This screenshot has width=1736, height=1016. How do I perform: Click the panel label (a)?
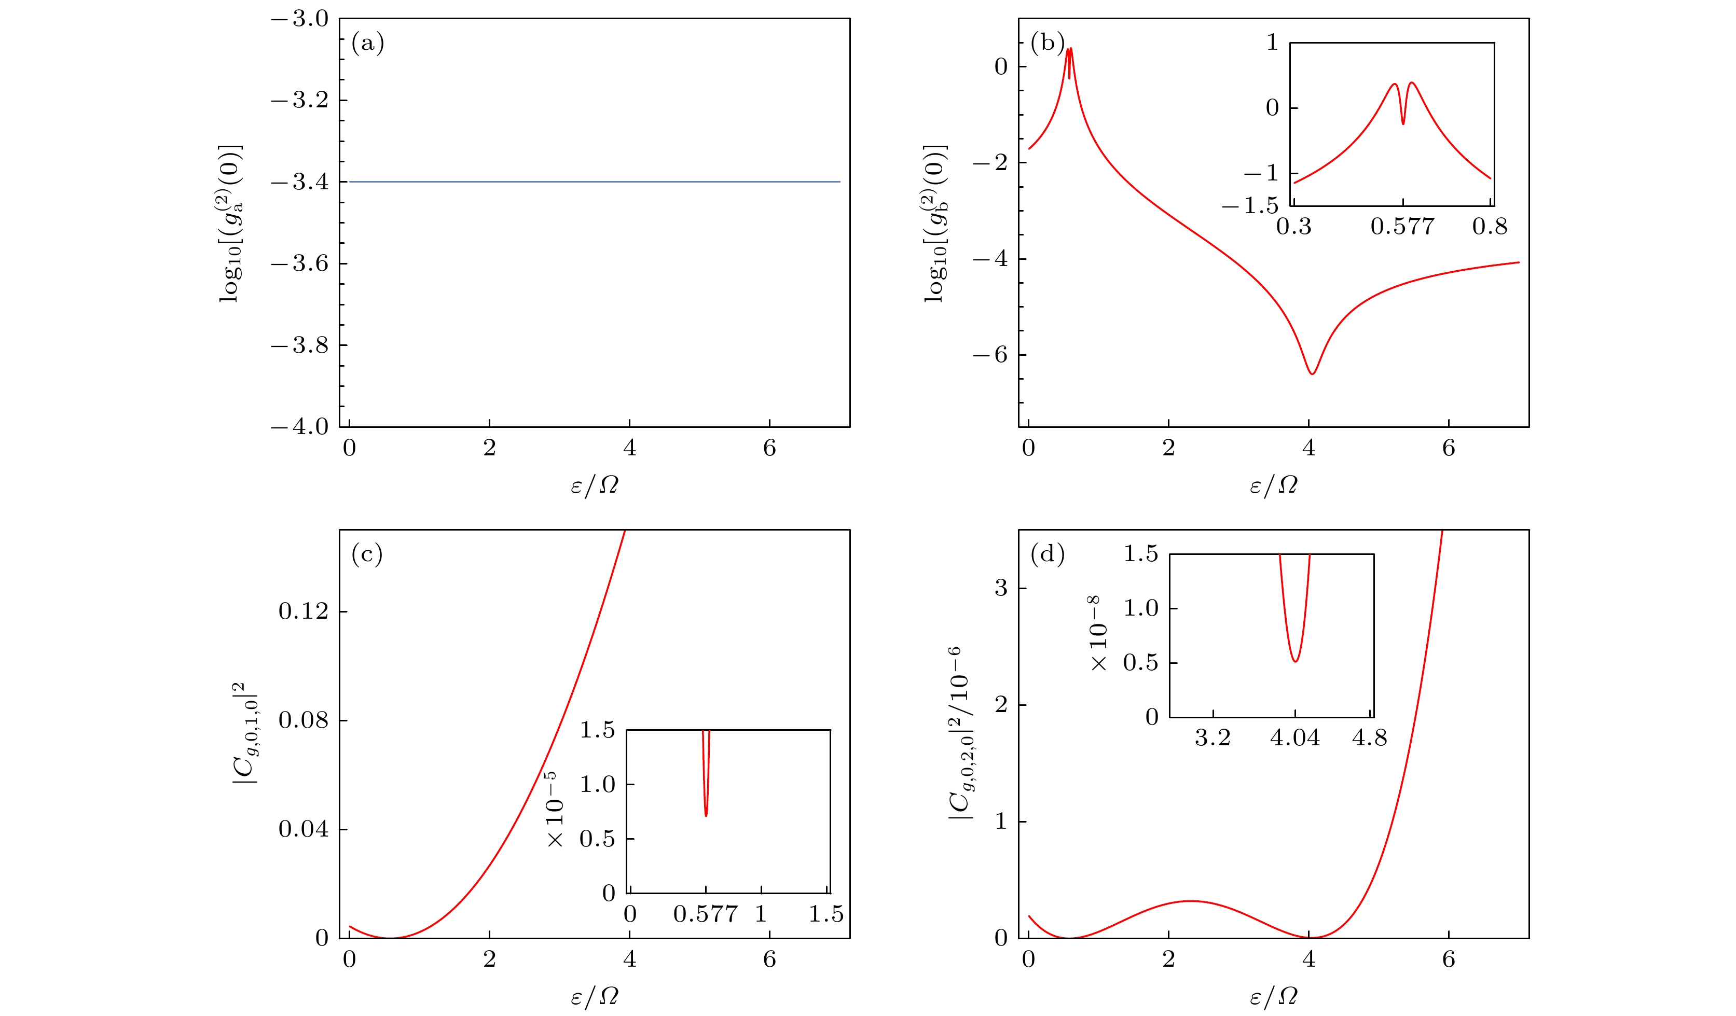[367, 44]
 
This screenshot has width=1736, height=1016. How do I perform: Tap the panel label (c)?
[366, 554]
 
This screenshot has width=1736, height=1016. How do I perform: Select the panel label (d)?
[1047, 554]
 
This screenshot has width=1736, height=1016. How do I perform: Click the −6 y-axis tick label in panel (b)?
[990, 355]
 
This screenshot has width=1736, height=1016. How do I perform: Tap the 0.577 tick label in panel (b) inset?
[1402, 227]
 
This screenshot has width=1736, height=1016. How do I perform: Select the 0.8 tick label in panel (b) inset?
[1490, 227]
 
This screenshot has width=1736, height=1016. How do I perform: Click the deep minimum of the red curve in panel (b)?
[1312, 373]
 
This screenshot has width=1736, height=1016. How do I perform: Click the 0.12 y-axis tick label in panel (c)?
[303, 611]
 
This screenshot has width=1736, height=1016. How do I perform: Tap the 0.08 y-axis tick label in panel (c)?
[303, 720]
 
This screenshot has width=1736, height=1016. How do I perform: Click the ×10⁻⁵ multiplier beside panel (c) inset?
[555, 810]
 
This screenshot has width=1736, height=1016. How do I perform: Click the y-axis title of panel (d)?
[961, 733]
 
